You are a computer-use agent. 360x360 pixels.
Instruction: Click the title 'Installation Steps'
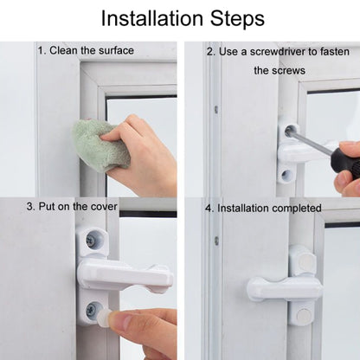pyautogui.click(x=179, y=18)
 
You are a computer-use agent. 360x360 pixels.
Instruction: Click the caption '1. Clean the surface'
pyautogui.click(x=86, y=50)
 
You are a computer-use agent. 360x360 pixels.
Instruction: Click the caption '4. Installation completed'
pyautogui.click(x=263, y=208)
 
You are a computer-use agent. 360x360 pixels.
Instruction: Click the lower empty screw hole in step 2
pyautogui.click(x=286, y=176)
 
